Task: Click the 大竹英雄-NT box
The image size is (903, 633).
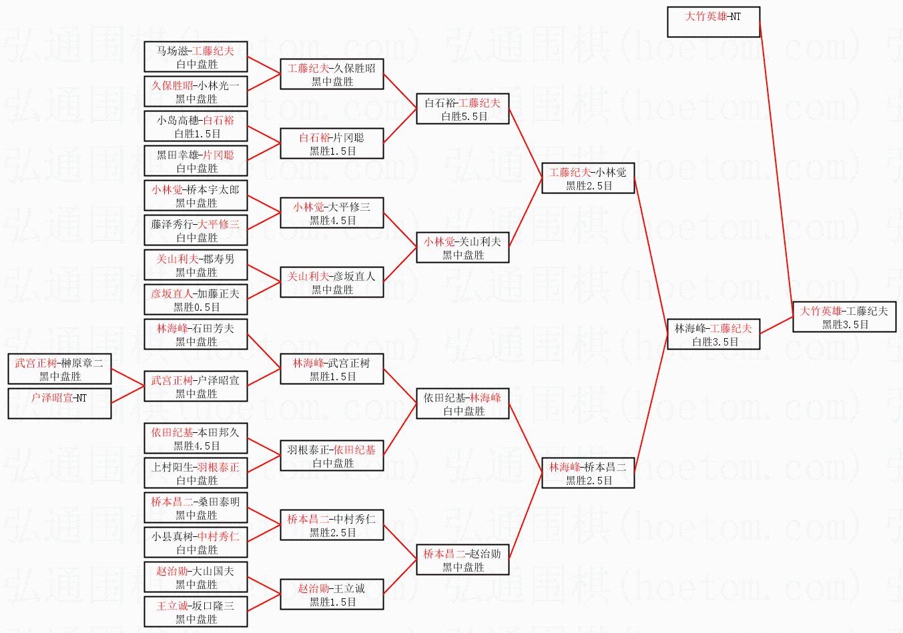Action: [713, 22]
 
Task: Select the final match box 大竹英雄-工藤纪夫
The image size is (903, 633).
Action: [844, 318]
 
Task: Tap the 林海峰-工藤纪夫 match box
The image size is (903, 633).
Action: [713, 334]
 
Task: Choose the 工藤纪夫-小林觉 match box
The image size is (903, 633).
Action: [588, 178]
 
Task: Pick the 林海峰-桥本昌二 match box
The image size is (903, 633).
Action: [588, 473]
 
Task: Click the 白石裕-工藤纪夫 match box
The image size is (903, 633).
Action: [463, 109]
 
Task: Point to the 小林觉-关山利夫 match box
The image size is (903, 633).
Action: [463, 247]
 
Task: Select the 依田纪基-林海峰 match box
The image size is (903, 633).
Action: [463, 404]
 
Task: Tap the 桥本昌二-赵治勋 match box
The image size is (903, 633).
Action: [463, 560]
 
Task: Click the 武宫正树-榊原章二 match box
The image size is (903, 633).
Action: [60, 369]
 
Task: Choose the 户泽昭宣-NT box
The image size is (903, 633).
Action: [60, 404]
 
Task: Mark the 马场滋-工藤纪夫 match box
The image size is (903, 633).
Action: [196, 57]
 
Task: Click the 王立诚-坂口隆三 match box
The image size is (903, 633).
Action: [196, 612]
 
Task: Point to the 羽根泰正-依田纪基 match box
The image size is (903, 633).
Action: [332, 456]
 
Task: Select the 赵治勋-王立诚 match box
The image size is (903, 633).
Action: [332, 594]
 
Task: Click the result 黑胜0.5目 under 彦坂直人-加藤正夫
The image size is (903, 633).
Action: [196, 307]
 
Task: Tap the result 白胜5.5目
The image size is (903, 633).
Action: [465, 116]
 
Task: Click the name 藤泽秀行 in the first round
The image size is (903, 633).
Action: [172, 224]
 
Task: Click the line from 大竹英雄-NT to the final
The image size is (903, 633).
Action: [776, 167]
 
